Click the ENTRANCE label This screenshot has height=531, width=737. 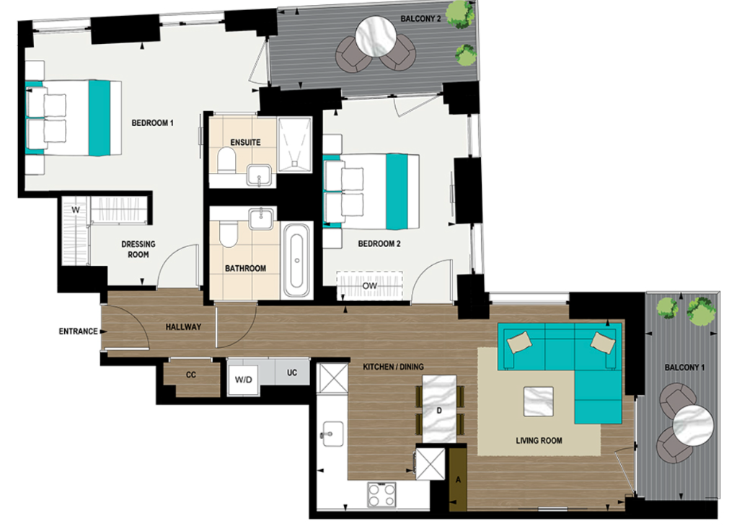78,331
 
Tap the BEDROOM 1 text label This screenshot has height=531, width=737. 152,123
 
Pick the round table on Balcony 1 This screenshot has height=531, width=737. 692,429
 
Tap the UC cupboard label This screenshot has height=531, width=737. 292,373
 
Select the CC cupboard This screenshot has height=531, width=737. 191,375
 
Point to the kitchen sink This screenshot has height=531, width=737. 330,433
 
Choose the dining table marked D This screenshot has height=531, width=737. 439,411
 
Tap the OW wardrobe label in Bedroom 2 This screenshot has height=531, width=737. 369,286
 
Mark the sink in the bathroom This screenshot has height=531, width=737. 258,218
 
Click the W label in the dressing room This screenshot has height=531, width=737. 74,210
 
